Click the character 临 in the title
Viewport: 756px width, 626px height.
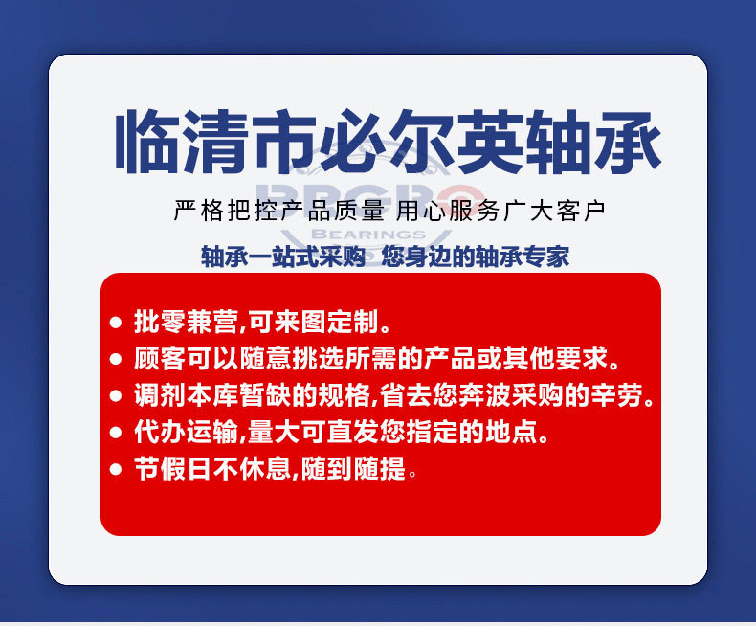point(146,142)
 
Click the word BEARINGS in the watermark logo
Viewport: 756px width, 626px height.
point(368,235)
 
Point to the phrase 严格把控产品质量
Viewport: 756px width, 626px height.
point(279,211)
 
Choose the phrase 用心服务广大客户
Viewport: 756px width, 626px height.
point(500,211)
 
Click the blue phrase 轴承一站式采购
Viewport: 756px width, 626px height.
point(283,257)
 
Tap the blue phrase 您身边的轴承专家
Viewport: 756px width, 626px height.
point(476,257)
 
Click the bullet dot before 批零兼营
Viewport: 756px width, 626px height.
point(116,323)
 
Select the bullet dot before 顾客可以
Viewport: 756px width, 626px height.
point(116,359)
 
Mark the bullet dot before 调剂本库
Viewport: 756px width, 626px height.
point(116,395)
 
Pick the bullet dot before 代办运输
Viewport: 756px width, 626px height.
point(116,432)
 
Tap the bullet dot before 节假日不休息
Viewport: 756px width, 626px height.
point(116,469)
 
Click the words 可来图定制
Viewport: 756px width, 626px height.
point(313,322)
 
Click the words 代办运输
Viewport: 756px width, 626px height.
point(186,432)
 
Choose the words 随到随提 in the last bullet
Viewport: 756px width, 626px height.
point(353,468)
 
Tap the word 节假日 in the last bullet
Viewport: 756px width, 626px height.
point(173,468)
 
